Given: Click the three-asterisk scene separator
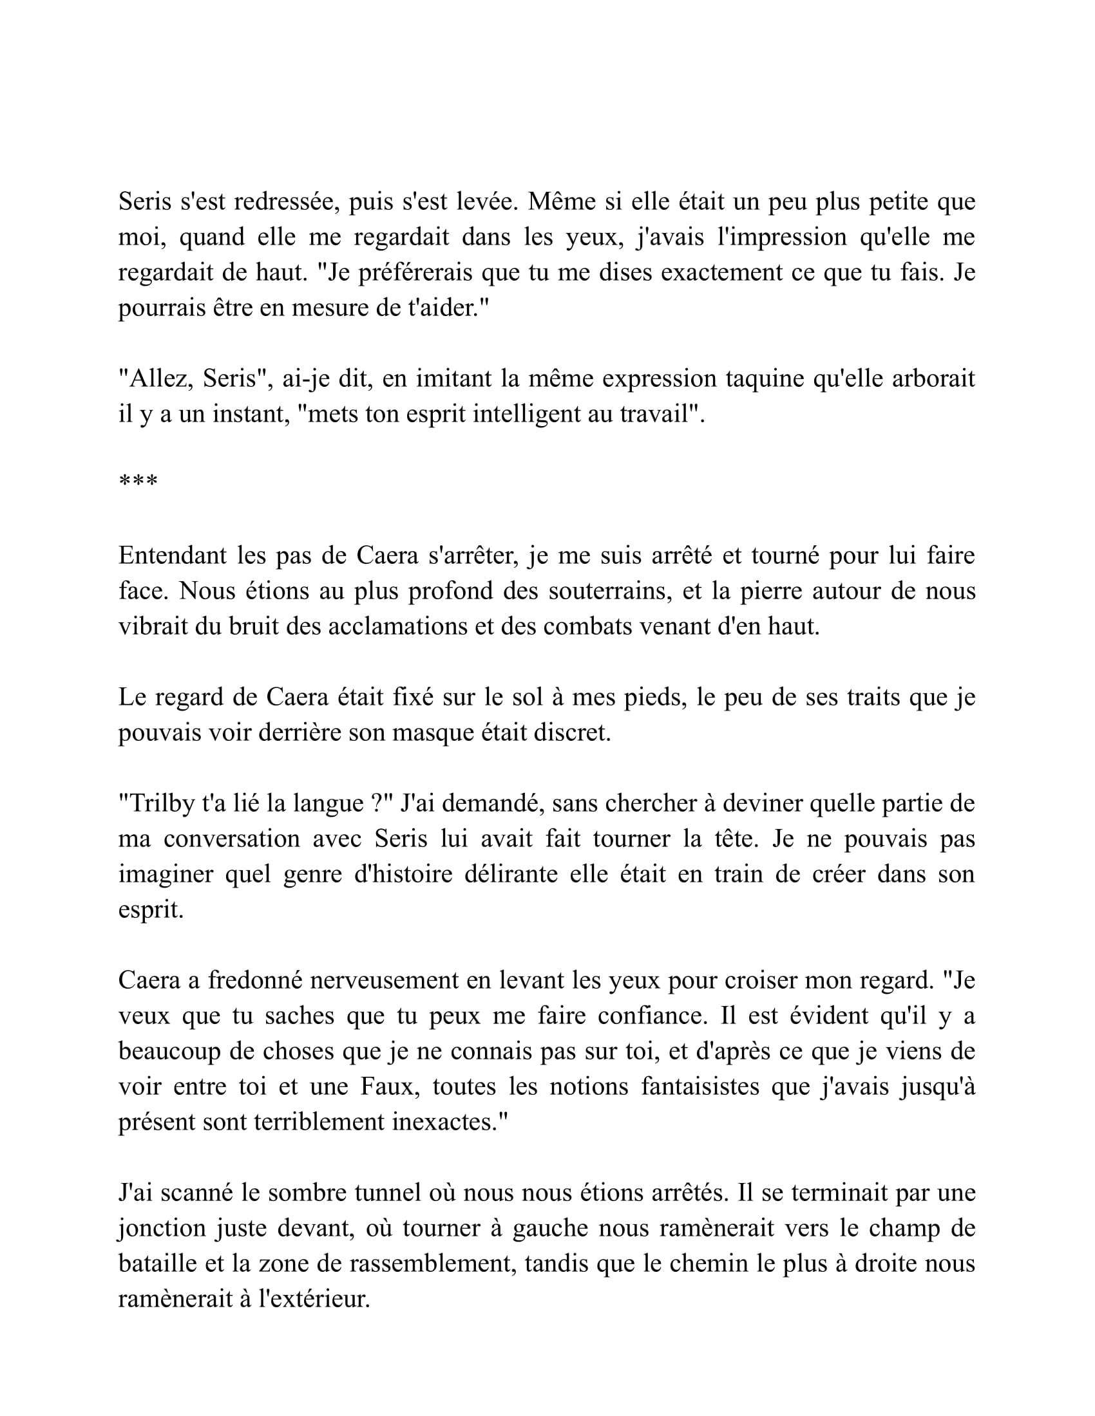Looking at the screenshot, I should click(138, 481).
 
